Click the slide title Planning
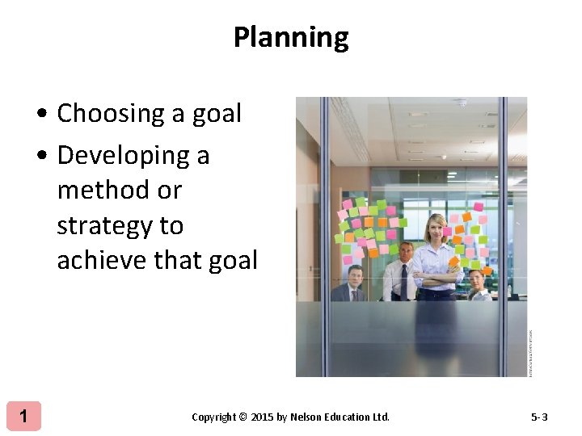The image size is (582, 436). [x=291, y=37]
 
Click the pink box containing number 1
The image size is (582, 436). [x=24, y=417]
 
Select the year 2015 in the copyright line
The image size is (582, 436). [x=262, y=417]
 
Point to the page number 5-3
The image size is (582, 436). [x=539, y=417]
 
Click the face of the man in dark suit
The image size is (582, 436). [x=354, y=277]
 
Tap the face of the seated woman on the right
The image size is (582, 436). [x=476, y=279]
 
